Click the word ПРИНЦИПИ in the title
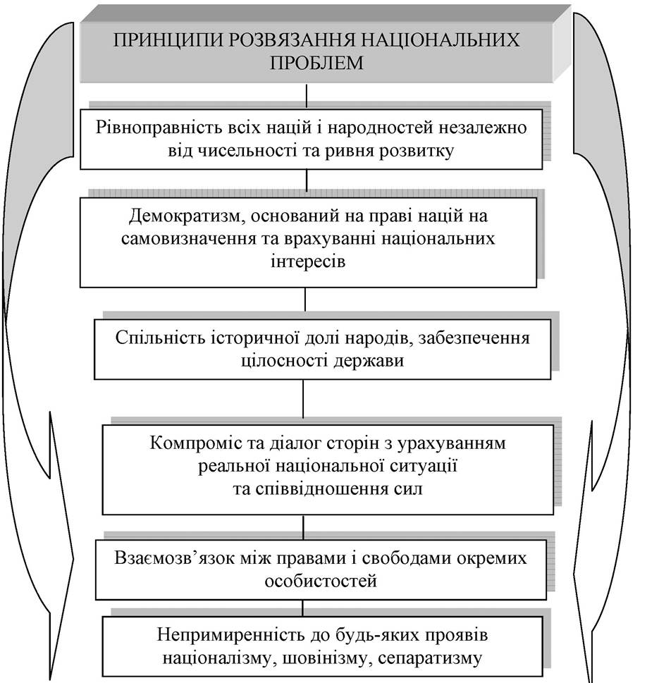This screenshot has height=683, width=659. (167, 40)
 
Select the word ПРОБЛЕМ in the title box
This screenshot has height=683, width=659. (316, 63)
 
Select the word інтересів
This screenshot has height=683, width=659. (308, 261)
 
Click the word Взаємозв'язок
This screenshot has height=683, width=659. (175, 558)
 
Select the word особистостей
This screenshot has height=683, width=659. (321, 582)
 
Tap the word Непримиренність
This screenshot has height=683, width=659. (231, 635)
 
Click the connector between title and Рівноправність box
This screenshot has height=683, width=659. (307, 96)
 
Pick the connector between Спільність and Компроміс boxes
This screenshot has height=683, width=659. (303, 399)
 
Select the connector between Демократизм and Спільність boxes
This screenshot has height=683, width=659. (305, 300)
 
